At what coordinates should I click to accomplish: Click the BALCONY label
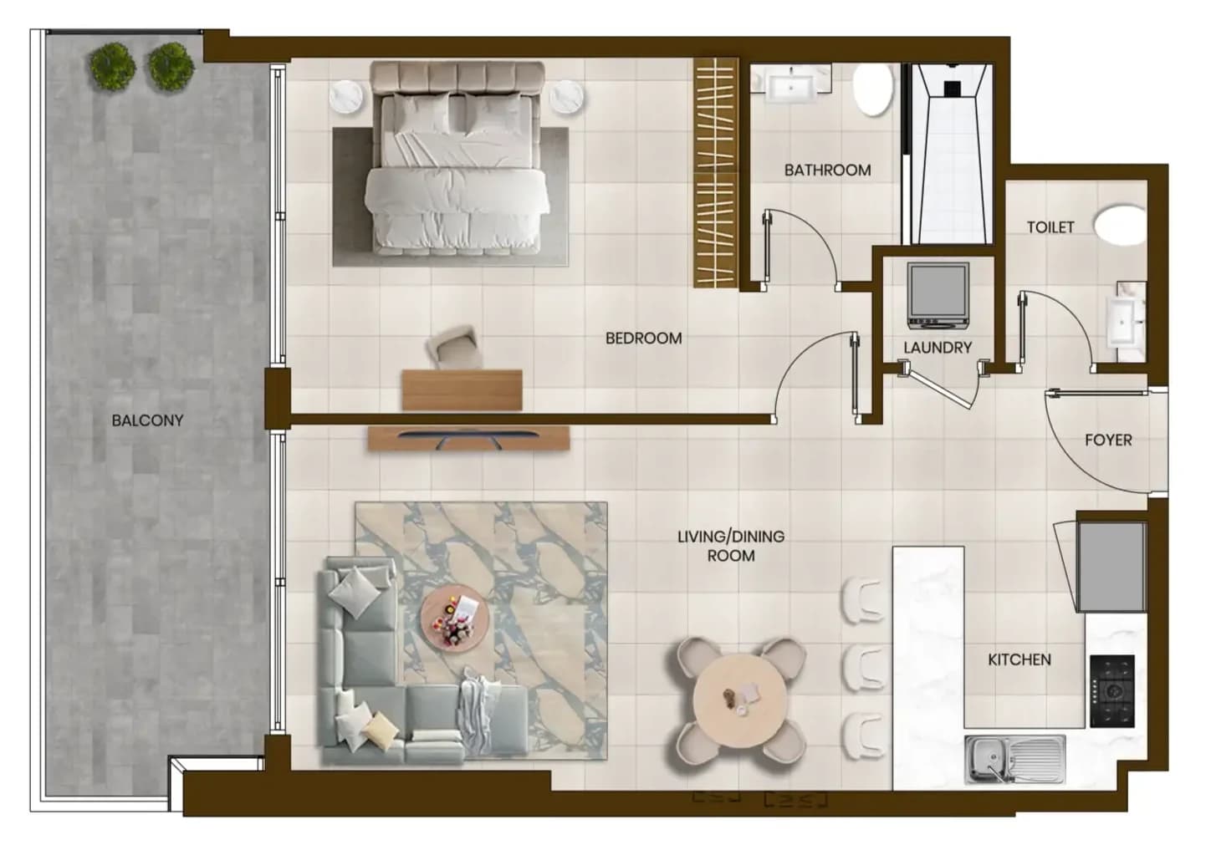tap(147, 420)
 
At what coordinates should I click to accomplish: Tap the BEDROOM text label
tap(643, 338)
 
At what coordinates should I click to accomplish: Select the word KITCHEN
tap(1019, 659)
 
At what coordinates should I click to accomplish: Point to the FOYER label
tap(1108, 440)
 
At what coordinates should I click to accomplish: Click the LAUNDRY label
tap(938, 348)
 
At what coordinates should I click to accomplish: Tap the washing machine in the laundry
tap(938, 296)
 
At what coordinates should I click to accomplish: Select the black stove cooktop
tap(1112, 691)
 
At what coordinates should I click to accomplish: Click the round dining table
tap(740, 701)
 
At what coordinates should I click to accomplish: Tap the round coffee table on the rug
tap(455, 619)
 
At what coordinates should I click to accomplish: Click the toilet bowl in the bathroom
tap(873, 90)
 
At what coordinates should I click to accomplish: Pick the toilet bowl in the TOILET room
tap(1120, 225)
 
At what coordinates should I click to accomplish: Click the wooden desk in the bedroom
tap(462, 390)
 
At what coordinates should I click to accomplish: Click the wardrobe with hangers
tap(716, 172)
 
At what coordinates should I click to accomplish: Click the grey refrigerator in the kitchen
tap(1111, 567)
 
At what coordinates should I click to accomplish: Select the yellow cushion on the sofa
tap(381, 730)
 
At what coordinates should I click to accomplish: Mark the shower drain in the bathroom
tap(952, 89)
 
